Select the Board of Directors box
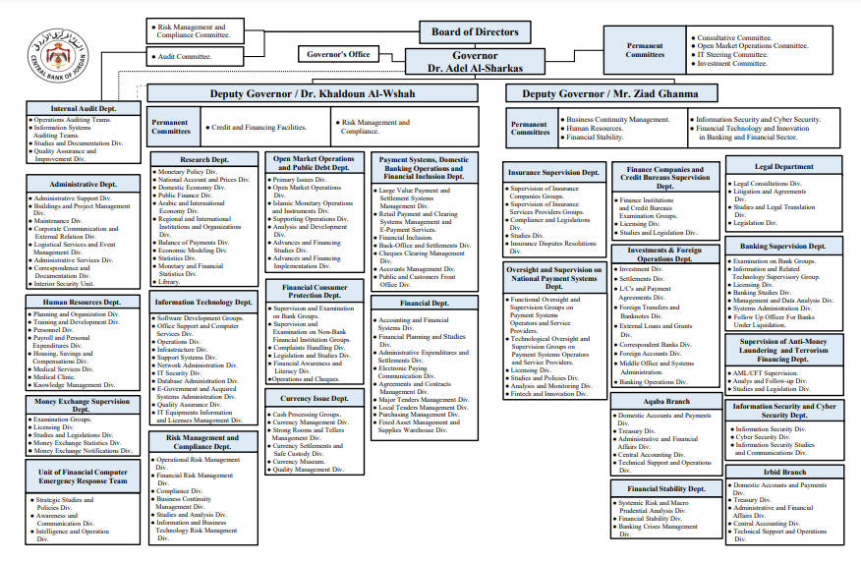point(475,31)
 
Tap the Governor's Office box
point(339,54)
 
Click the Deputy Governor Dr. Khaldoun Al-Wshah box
point(312,94)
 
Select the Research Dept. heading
point(204,159)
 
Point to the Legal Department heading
point(783,167)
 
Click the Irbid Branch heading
point(783,472)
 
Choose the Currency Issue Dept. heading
point(315,399)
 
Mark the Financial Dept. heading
point(424,305)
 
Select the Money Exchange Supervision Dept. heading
point(82,406)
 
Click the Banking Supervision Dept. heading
point(783,247)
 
